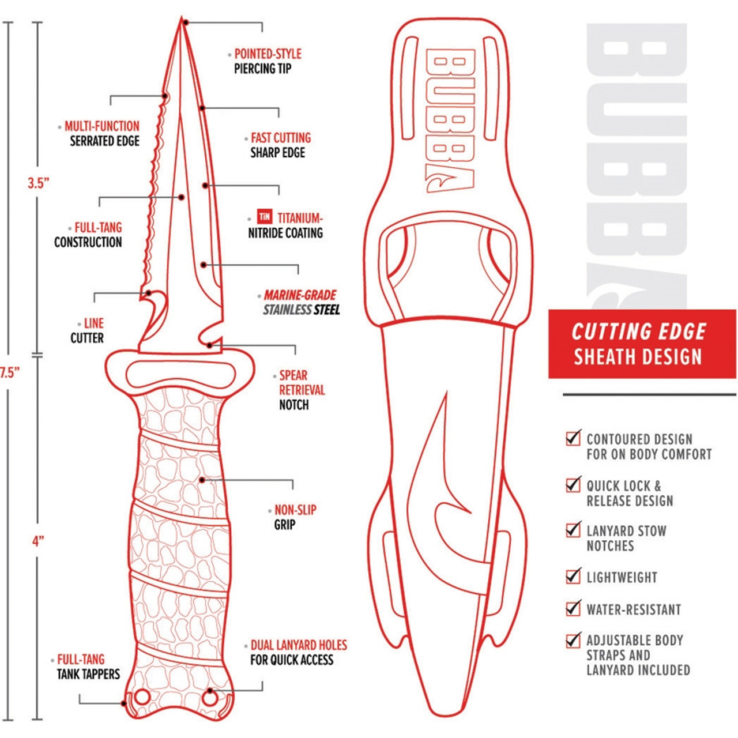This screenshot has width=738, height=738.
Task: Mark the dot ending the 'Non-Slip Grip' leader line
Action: pyautogui.click(x=202, y=480)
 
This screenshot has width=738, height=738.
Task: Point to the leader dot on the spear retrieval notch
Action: pyautogui.click(x=209, y=345)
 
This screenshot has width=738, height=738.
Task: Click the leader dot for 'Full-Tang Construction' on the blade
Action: pyautogui.click(x=182, y=197)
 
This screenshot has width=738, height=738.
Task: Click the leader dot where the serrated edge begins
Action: pyautogui.click(x=165, y=96)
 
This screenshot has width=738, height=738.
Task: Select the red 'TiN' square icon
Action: pyautogui.click(x=265, y=217)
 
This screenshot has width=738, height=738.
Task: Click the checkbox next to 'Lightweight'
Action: pyautogui.click(x=573, y=577)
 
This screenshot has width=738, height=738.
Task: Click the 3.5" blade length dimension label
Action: pyautogui.click(x=39, y=183)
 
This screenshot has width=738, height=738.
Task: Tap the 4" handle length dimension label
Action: pyautogui.click(x=38, y=541)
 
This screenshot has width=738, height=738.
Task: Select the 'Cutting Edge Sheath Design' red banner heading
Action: pyautogui.click(x=638, y=344)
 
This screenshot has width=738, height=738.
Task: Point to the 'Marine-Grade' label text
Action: pyautogui.click(x=300, y=295)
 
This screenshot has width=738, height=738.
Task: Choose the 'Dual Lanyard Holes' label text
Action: pyautogui.click(x=299, y=645)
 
